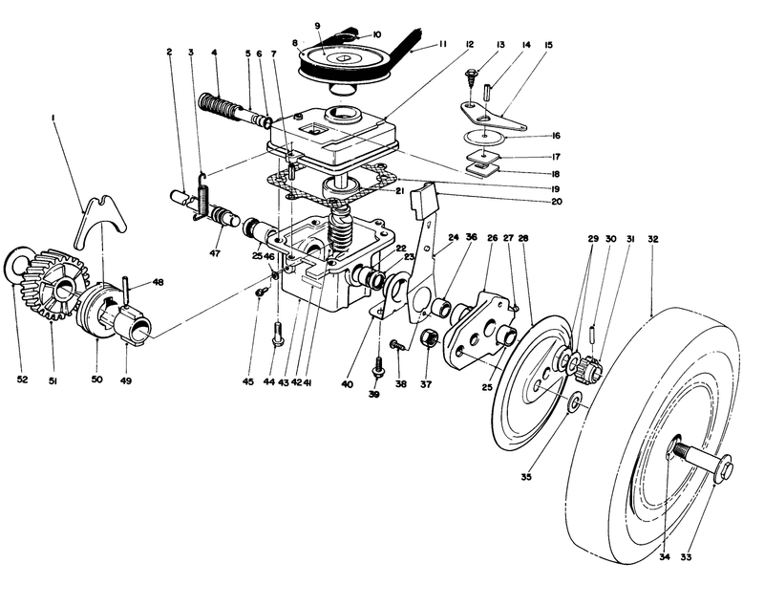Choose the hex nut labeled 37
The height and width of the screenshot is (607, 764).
(x=429, y=338)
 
